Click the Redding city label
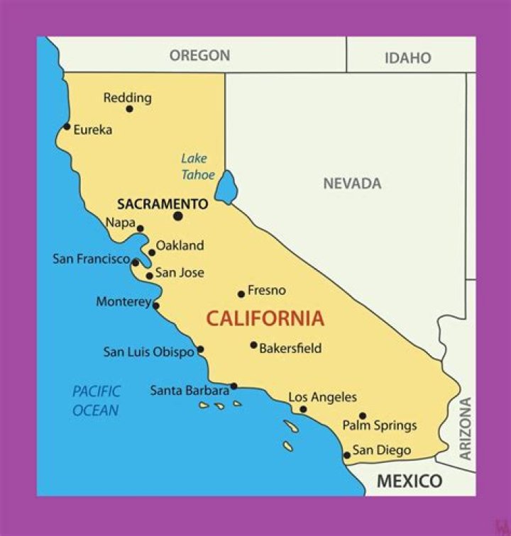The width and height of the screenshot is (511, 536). pyautogui.click(x=128, y=98)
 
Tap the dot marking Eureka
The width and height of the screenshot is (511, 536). pyautogui.click(x=67, y=127)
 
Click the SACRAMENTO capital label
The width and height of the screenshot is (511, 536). pyautogui.click(x=163, y=204)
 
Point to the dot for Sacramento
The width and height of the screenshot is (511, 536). pyautogui.click(x=177, y=216)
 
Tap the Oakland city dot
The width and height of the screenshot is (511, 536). pyautogui.click(x=152, y=252)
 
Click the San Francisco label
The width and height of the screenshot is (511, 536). pyautogui.click(x=91, y=259)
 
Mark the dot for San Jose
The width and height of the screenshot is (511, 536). pyautogui.click(x=149, y=276)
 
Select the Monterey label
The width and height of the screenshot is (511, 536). pyautogui.click(x=123, y=302)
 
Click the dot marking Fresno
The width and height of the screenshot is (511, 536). pyautogui.click(x=241, y=294)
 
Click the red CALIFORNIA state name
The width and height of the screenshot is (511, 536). pyautogui.click(x=265, y=319)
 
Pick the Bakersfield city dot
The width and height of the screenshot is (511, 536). pyautogui.click(x=253, y=345)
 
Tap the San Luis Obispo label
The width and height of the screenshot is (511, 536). pyautogui.click(x=148, y=352)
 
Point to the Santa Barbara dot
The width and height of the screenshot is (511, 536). pyautogui.click(x=233, y=386)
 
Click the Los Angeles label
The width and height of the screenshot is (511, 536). pyautogui.click(x=322, y=398)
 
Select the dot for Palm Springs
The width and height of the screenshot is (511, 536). pyautogui.click(x=363, y=416)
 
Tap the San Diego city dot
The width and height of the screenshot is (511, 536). pyautogui.click(x=346, y=455)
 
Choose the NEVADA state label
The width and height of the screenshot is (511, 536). pyautogui.click(x=352, y=184)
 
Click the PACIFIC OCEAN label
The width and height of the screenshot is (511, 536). pyautogui.click(x=96, y=401)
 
